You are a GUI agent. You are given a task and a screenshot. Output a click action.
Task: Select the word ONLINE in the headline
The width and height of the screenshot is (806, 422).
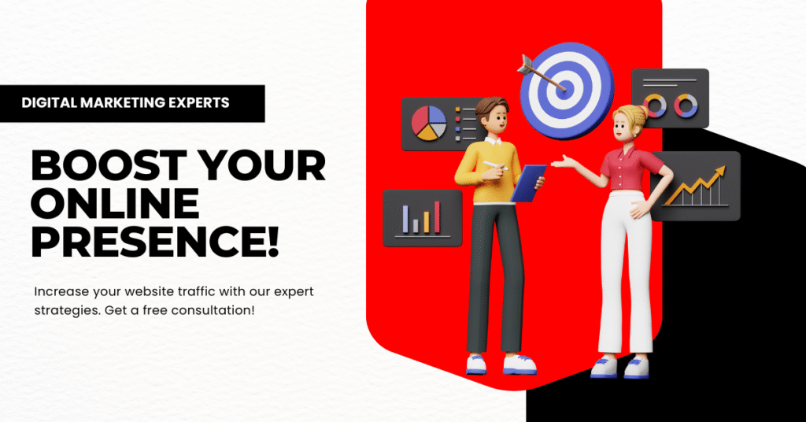click(116, 203)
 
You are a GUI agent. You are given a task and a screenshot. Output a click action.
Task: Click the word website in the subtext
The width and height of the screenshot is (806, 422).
click(149, 291)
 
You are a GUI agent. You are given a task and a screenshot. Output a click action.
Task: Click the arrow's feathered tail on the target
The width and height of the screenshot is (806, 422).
click(527, 65)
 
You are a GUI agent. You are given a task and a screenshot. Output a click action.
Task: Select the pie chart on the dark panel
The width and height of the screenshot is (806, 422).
click(429, 123)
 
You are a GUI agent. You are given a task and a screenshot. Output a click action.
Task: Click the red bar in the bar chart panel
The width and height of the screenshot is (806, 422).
click(438, 217)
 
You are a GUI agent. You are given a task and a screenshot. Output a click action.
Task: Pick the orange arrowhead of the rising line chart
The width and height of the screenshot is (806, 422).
click(719, 173)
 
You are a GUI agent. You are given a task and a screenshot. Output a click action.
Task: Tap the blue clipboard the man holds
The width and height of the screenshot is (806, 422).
click(528, 182)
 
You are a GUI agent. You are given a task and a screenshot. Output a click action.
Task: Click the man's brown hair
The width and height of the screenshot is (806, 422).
click(492, 106)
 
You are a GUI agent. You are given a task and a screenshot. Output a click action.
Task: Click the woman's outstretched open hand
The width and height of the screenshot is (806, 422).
click(564, 161)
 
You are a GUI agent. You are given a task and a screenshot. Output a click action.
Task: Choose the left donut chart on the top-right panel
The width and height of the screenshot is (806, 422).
click(654, 105)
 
